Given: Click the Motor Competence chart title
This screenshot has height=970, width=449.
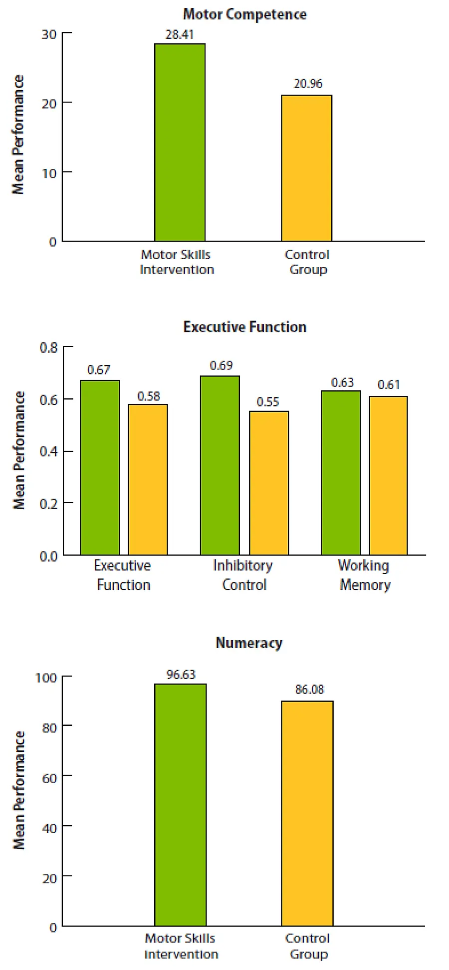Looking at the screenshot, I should (245, 14).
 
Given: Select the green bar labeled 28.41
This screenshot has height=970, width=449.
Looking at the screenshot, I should (180, 142).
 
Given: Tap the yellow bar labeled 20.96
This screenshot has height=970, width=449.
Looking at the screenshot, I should (306, 168).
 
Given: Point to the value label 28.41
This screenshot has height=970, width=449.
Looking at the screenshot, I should (180, 35).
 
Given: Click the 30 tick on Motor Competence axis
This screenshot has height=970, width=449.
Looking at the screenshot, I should (49, 34).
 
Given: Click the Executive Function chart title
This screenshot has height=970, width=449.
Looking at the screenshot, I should (245, 327).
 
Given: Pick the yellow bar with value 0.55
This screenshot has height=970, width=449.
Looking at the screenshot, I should (269, 483).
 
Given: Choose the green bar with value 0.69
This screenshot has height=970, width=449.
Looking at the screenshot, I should (220, 465).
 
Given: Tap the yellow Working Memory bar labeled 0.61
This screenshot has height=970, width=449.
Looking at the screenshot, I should (388, 475).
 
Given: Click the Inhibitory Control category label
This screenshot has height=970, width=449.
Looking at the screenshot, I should (243, 575).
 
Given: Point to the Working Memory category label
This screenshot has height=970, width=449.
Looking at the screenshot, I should (364, 575).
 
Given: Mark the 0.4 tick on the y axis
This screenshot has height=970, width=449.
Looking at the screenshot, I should (49, 451).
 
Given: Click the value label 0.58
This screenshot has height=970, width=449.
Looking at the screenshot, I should (149, 397).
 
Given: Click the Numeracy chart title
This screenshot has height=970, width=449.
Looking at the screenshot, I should (249, 643).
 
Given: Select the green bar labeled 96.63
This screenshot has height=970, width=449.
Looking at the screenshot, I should (180, 805).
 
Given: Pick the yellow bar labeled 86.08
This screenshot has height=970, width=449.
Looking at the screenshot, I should (307, 813).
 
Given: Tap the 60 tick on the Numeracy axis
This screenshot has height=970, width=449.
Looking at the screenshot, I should (49, 778).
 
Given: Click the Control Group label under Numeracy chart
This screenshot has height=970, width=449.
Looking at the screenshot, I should (308, 946).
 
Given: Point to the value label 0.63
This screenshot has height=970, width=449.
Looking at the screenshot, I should (342, 383).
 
